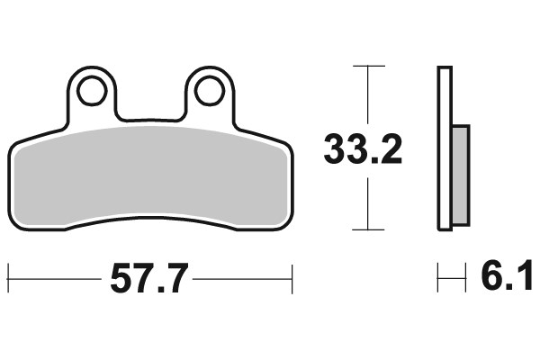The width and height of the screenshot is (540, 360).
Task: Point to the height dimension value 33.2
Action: (x=363, y=150)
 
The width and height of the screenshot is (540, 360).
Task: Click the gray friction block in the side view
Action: (x=459, y=175)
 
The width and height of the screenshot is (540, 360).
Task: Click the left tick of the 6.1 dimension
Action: (x=438, y=278)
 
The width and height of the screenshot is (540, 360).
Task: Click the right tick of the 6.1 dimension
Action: (x=466, y=278)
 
